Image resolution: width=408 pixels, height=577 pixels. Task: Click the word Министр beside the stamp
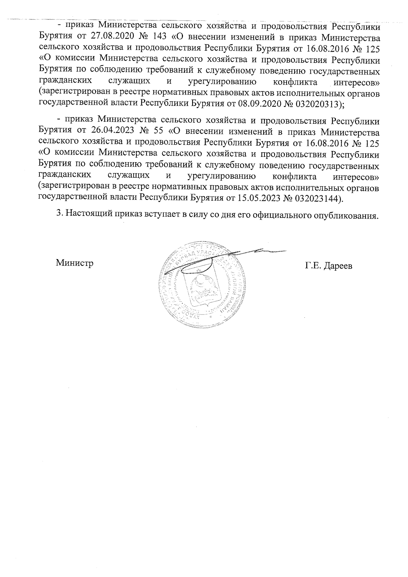[x=75, y=262]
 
